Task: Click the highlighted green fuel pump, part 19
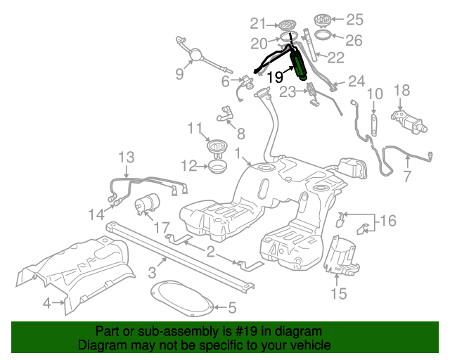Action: (x=298, y=65)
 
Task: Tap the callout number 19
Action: (x=275, y=77)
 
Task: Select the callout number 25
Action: (x=354, y=20)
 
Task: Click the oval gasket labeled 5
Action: (x=181, y=299)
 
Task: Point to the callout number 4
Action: (x=47, y=303)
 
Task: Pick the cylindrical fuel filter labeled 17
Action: (x=147, y=203)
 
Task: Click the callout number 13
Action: (x=127, y=157)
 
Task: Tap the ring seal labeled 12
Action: (x=217, y=167)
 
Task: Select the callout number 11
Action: (x=195, y=129)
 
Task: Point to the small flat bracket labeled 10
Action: (x=374, y=125)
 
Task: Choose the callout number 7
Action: (x=408, y=176)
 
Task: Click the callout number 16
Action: (x=388, y=221)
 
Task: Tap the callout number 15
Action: (x=339, y=293)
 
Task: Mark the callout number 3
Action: (x=153, y=272)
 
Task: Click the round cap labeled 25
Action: (x=323, y=19)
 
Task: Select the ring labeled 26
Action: (x=323, y=35)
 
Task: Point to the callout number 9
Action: (x=180, y=74)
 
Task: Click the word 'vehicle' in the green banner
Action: (x=312, y=345)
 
